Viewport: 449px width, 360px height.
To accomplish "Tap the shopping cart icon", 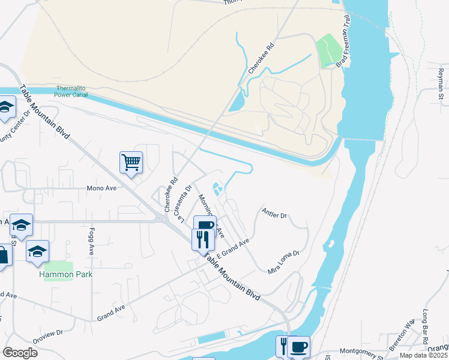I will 131,161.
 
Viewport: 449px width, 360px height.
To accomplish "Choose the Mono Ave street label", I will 101,187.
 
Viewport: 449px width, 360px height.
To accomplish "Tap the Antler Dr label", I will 275,213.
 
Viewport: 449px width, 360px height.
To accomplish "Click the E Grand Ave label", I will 234,249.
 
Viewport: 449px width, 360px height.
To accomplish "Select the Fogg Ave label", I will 92,241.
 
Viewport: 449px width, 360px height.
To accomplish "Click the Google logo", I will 20,352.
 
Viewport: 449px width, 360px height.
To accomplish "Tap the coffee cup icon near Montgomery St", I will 298,346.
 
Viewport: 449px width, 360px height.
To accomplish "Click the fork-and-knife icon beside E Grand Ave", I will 200,239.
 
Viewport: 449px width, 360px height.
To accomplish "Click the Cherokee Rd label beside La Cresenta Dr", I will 171,194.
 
